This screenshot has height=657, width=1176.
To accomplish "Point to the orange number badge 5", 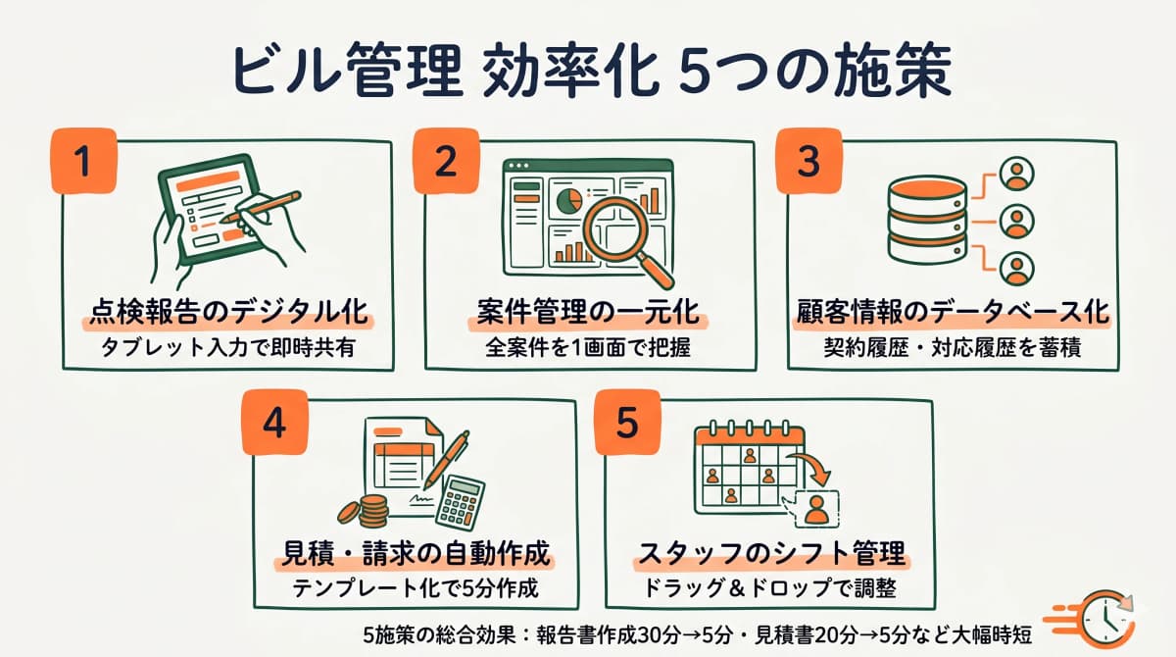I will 627,424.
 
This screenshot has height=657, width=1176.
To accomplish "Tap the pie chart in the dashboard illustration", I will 566,201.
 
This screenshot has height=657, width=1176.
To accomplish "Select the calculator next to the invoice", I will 460,501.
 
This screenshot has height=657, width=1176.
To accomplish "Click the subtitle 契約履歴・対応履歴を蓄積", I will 951,348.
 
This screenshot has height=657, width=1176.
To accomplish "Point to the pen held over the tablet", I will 263,207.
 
